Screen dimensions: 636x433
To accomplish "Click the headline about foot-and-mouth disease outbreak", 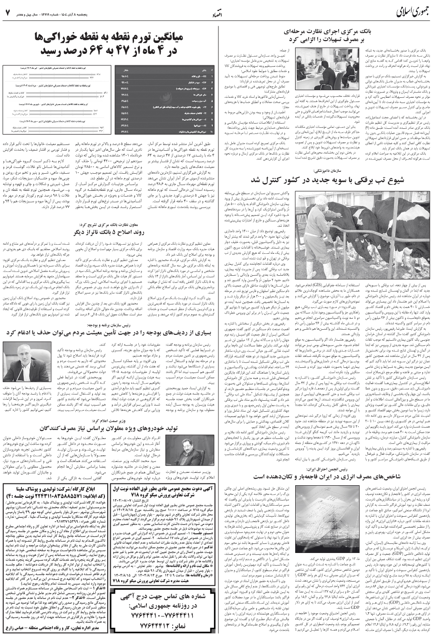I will [325, 179].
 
